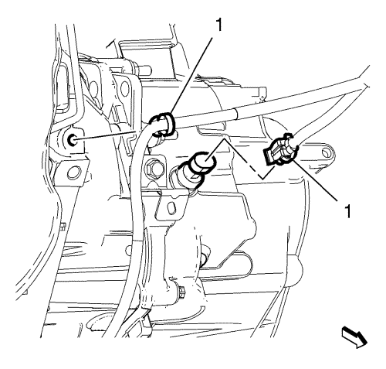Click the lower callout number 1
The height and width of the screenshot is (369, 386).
coord(347,211)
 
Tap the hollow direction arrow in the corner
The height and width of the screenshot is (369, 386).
coord(354,337)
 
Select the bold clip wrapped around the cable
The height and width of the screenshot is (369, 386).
coord(164,124)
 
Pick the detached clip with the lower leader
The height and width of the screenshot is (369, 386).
coord(280,149)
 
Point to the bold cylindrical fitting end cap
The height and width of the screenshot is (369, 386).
coord(203,161)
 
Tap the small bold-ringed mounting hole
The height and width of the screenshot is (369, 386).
coord(72,140)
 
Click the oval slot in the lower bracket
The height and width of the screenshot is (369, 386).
coord(171,207)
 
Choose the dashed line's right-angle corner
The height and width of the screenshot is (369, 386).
coord(262,179)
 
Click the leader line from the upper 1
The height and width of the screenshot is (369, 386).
coord(191,77)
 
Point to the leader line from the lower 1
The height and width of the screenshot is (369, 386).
coord(315,180)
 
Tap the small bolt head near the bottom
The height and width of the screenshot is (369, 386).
coord(181,291)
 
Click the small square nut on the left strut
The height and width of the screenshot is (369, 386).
coord(63,226)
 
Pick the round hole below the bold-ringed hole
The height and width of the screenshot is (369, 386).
coord(73,173)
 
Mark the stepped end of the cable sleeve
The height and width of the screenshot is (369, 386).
coord(236,114)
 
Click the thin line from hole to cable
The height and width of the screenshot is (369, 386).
coord(107,136)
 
